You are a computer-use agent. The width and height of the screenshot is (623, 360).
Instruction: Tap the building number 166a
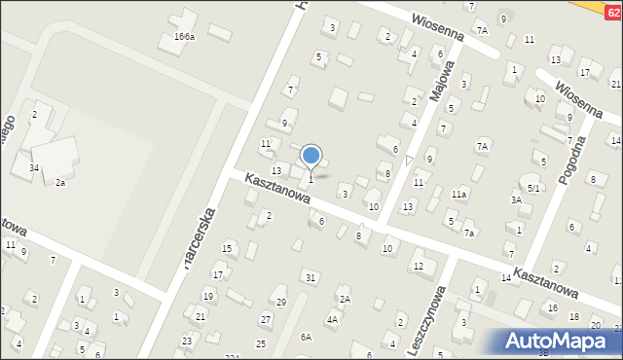(184, 36)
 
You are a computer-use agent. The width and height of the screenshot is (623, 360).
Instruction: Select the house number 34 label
(33, 168)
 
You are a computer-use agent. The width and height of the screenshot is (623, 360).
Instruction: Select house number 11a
(458, 194)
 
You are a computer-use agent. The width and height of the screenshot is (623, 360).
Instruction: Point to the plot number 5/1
(533, 188)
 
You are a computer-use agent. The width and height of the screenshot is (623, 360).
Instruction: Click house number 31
(311, 277)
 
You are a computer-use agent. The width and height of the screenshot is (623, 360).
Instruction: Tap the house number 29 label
(281, 302)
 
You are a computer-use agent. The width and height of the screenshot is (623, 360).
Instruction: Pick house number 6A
(306, 337)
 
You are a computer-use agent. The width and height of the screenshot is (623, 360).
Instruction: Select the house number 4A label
(333, 319)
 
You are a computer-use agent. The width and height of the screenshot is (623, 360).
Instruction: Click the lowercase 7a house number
(469, 234)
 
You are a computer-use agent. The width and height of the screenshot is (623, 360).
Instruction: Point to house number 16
(553, 307)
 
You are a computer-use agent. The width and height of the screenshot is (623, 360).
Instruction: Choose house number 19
(208, 296)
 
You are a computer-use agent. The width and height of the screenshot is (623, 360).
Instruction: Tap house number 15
(227, 249)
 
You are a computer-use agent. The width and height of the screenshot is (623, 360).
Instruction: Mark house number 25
(261, 343)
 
